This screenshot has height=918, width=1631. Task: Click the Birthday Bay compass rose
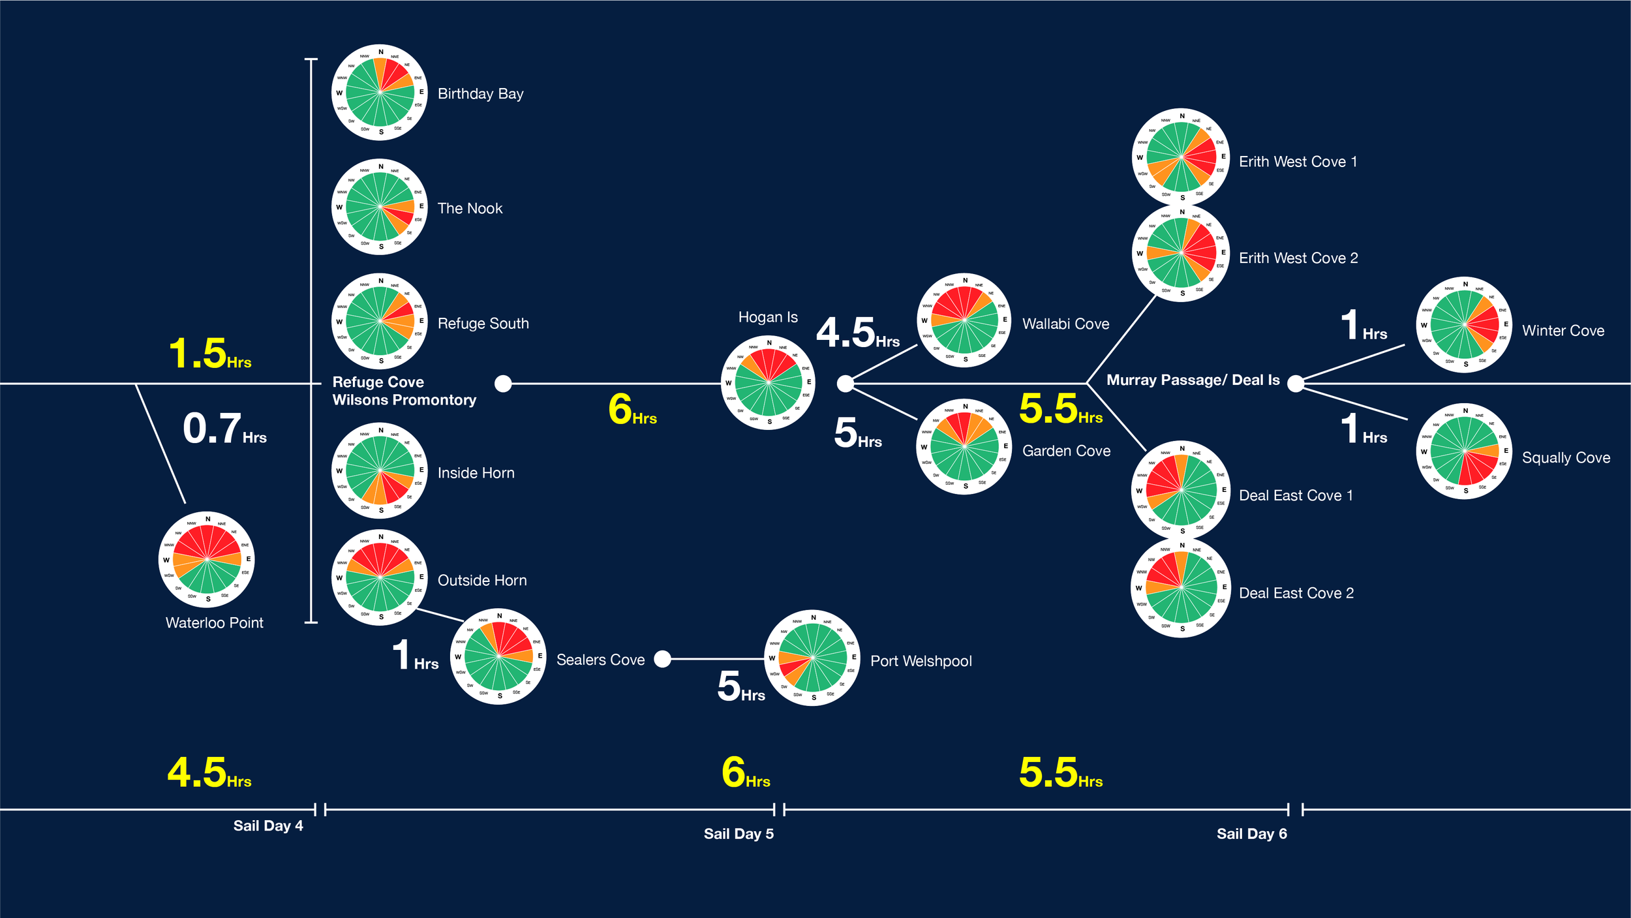[380, 93]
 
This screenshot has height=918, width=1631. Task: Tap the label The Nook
[470, 208]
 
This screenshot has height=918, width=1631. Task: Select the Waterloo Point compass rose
[207, 559]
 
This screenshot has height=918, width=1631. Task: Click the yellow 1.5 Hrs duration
[209, 354]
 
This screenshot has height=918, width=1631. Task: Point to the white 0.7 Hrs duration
[224, 429]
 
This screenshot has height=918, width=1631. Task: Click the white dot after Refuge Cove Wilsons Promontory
[503, 384]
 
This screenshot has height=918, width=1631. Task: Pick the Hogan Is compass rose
[769, 382]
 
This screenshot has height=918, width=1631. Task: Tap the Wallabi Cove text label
[1065, 324]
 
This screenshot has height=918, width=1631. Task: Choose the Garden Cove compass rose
[964, 447]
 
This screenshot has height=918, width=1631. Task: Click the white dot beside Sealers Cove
[662, 659]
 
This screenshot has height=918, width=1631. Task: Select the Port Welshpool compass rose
[812, 658]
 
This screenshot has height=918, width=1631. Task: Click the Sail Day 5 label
[739, 833]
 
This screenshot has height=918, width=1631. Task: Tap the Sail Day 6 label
[1251, 833]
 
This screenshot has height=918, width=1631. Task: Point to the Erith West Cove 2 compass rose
[1181, 253]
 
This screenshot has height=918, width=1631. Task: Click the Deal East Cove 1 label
[1296, 495]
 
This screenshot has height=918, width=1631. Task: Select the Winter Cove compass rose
[1465, 324]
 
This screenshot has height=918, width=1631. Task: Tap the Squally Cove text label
[1566, 457]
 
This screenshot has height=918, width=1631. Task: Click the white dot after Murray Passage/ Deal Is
[1296, 384]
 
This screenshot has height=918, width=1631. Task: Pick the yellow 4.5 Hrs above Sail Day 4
[209, 773]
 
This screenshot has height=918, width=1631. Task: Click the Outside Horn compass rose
[380, 577]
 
